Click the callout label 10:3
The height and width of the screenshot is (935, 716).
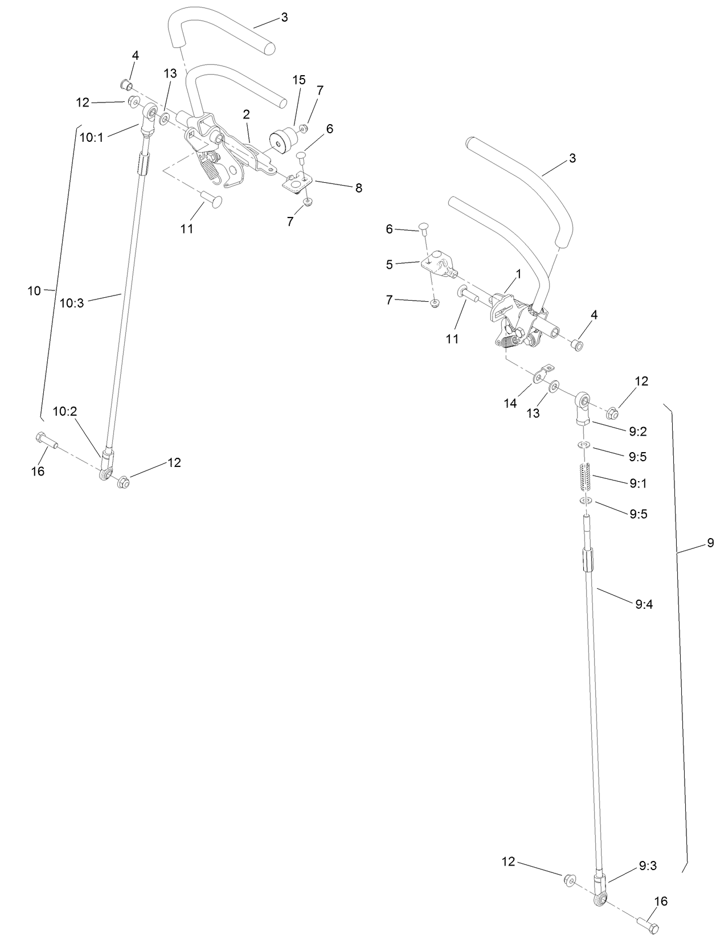72,303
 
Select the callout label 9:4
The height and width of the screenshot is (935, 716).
644,604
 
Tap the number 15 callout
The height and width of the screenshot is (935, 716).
299,80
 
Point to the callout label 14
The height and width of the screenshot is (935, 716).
510,403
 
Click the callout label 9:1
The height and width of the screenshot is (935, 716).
638,483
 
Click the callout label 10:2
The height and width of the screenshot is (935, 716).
65,411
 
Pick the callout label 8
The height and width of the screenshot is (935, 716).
358,188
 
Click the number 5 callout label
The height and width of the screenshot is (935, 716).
390,264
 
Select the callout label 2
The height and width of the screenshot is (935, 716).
246,114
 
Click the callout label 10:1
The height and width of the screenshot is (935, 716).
92,137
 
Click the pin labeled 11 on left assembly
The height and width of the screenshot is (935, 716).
212,200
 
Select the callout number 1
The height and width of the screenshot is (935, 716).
518,274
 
